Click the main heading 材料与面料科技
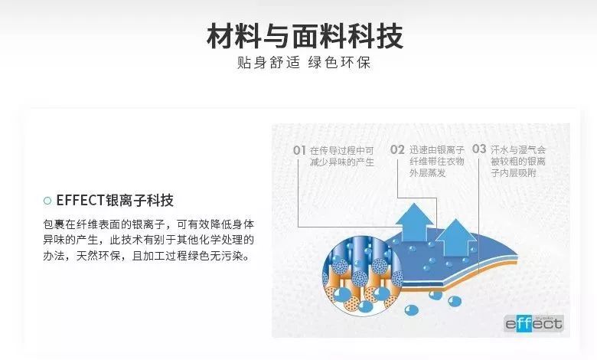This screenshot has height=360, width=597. (305, 36)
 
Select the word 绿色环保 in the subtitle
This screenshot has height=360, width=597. (341, 63)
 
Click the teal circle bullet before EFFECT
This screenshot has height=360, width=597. (47, 201)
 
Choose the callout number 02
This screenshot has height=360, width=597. (396, 149)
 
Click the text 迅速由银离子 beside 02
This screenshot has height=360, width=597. (436, 149)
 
